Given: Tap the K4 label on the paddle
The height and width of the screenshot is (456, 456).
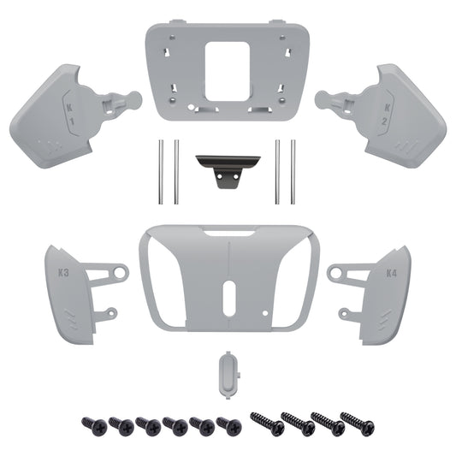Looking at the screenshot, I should pos(390,274).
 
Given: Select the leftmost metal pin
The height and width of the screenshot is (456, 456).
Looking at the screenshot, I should pos(161,170).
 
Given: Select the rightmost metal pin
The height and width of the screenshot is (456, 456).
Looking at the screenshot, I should pos(293,170).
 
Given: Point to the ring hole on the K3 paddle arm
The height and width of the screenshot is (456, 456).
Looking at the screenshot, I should pos(120,273).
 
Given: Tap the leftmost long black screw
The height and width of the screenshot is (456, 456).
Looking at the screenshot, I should pos(264,423).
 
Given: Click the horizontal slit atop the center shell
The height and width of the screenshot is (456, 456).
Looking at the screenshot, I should pos(228,234).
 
